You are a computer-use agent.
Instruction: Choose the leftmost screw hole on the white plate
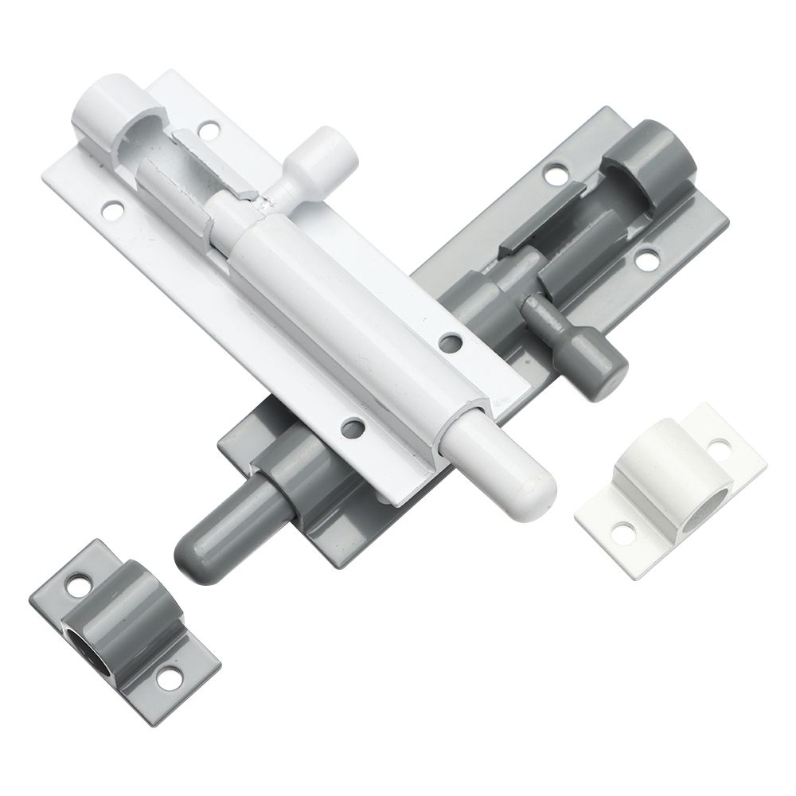coord(112,211)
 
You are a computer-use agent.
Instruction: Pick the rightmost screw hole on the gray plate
coord(650,256)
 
